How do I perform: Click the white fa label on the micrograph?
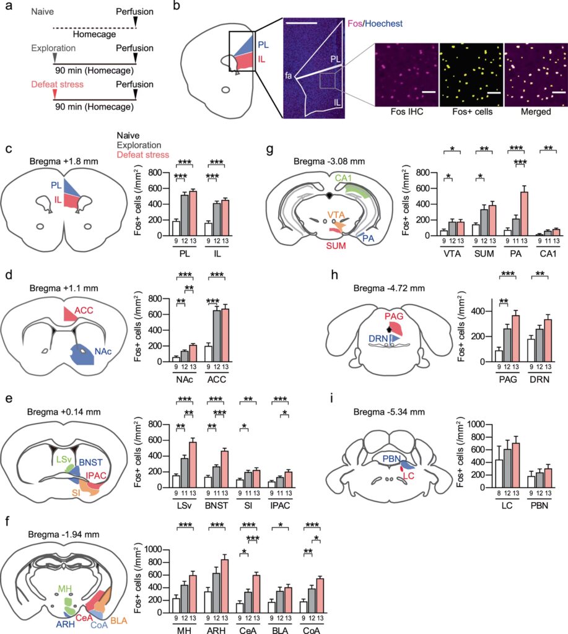(x=289, y=76)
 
